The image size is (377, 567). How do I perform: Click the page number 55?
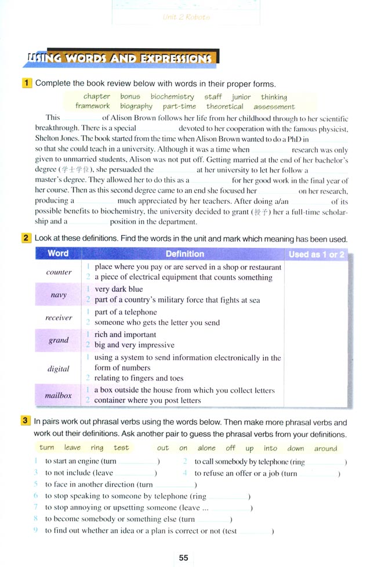pyautogui.click(x=183, y=558)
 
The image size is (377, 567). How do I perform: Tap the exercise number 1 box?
pyautogui.click(x=27, y=83)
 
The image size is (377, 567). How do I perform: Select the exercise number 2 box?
pyautogui.click(x=27, y=239)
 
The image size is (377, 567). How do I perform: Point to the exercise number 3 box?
pyautogui.click(x=27, y=422)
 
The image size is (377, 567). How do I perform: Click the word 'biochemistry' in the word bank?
pyautogui.click(x=172, y=97)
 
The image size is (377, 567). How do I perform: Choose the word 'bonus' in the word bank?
pyautogui.click(x=130, y=97)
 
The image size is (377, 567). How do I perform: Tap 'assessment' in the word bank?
pyautogui.click(x=274, y=107)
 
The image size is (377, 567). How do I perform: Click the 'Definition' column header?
pyautogui.click(x=184, y=254)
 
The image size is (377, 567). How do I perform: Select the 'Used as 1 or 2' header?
pyautogui.click(x=316, y=254)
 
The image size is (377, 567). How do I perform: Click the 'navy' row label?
pyautogui.click(x=58, y=295)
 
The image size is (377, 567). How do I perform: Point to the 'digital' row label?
pyautogui.click(x=58, y=368)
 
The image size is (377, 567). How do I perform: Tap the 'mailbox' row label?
pyautogui.click(x=58, y=395)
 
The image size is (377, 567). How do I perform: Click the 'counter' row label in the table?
pyautogui.click(x=59, y=272)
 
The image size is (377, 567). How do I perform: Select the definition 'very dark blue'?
pyautogui.click(x=118, y=289)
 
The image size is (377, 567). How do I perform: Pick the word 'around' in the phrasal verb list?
pyautogui.click(x=325, y=448)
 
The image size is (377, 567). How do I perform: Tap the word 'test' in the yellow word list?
pyautogui.click(x=121, y=448)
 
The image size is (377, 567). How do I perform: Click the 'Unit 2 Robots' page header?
pyautogui.click(x=187, y=17)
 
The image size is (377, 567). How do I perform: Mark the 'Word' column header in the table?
pyautogui.click(x=58, y=253)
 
